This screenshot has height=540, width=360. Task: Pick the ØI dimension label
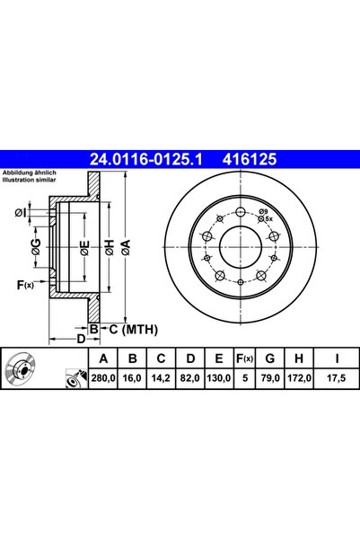pos(22,212)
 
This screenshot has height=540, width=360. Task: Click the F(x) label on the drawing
pos(24,286)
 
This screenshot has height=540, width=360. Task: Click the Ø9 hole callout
pos(262,210)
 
